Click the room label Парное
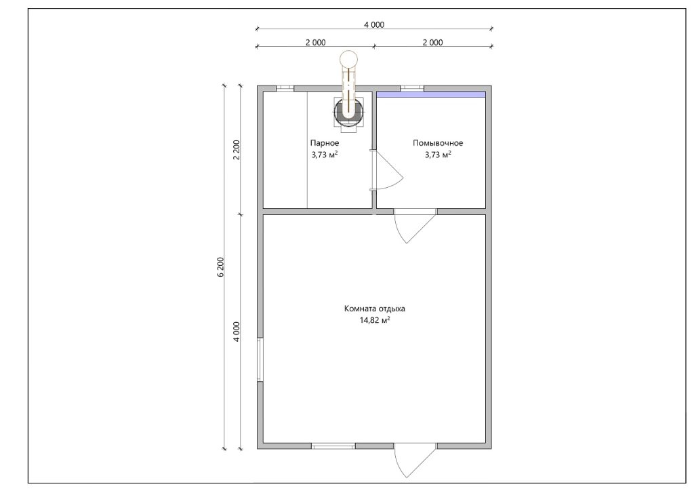(325, 143)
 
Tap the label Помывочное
(438, 143)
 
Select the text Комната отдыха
(374, 309)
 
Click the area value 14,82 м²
(375, 320)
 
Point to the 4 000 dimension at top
(374, 25)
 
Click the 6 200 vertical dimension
(220, 267)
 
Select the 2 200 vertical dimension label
(237, 150)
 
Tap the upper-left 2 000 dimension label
(315, 43)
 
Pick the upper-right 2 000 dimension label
(432, 43)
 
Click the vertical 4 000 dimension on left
(237, 332)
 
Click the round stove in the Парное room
(349, 112)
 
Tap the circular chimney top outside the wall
(348, 58)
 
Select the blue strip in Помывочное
(430, 94)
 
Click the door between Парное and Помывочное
(386, 170)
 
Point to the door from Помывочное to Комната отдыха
(415, 225)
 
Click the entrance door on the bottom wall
(415, 460)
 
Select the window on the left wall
(260, 359)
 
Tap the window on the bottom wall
(333, 446)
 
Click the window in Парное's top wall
(285, 89)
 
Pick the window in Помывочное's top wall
(411, 89)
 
